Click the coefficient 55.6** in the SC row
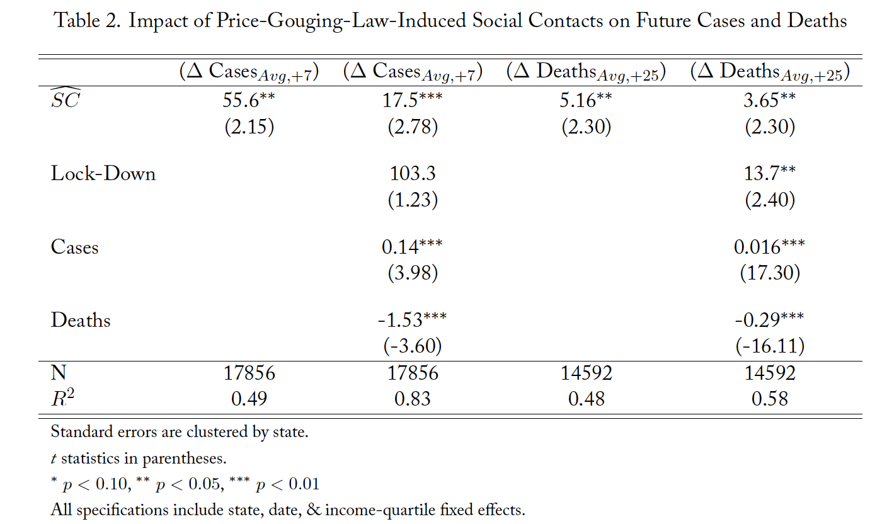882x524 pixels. pyautogui.click(x=249, y=100)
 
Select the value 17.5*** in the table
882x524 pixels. pyautogui.click(x=413, y=100)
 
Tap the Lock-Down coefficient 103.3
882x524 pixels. pyautogui.click(x=413, y=173)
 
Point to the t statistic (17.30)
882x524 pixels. pyautogui.click(x=769, y=273)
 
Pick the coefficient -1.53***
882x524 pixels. pyautogui.click(x=413, y=319)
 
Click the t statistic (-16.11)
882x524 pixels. pyautogui.click(x=769, y=346)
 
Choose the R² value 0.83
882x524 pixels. pyautogui.click(x=413, y=399)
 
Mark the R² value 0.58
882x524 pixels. pyautogui.click(x=769, y=399)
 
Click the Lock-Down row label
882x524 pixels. pyautogui.click(x=103, y=173)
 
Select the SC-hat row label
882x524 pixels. pyautogui.click(x=66, y=99)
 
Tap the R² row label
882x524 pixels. pyautogui.click(x=63, y=398)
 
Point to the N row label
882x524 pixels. pyautogui.click(x=59, y=373)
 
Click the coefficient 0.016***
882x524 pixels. pyautogui.click(x=769, y=247)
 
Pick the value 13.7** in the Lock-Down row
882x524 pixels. pyautogui.click(x=769, y=173)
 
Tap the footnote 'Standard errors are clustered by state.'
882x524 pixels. pyautogui.click(x=180, y=433)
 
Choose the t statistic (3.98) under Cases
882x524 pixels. pyautogui.click(x=413, y=273)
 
